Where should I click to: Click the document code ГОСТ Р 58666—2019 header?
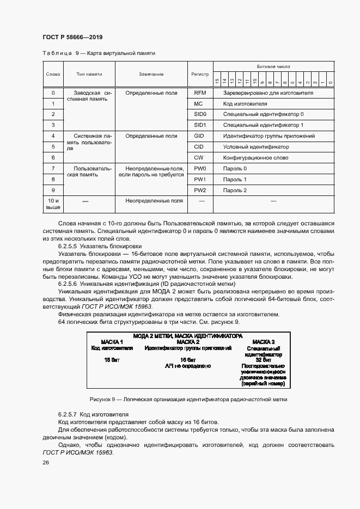[72, 37]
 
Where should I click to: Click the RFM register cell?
[200, 93]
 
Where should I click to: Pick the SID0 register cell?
[200, 114]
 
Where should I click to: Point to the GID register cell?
[200, 136]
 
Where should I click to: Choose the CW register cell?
[200, 157]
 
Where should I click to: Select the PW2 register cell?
[200, 190]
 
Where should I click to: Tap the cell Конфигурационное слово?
[254, 157]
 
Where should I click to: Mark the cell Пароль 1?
[235, 179]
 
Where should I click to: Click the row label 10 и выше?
[53, 204]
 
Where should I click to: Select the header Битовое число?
[273, 66]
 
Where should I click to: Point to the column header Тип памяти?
[89, 73]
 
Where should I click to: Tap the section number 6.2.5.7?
[68, 414]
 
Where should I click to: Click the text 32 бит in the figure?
[264, 360]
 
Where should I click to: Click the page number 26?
[46, 462]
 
